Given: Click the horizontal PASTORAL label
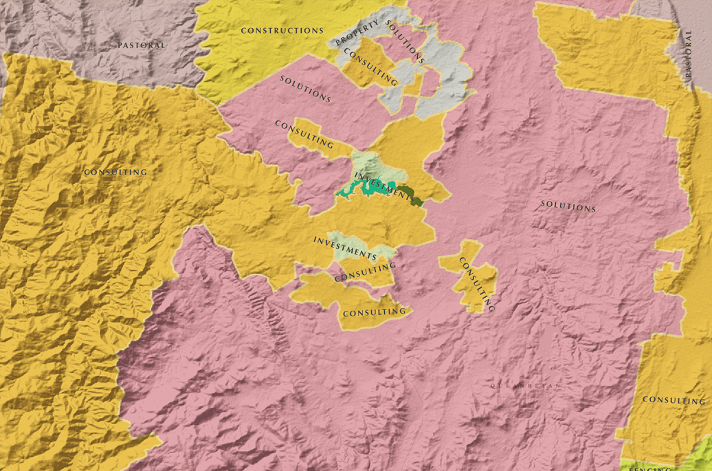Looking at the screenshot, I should [141, 45].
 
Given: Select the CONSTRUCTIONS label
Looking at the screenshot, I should [282, 31].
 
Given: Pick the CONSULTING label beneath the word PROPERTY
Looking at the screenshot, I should [370, 67].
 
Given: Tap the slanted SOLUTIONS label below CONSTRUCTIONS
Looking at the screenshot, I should [305, 89].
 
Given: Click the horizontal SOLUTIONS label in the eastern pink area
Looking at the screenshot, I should [568, 206].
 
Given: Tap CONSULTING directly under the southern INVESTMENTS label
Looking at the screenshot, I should [365, 273].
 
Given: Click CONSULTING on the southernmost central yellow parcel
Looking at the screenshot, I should [374, 312].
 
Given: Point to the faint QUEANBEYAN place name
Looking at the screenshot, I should [526, 386].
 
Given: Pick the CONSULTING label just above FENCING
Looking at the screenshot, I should [673, 399].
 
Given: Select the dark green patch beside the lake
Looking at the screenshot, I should [411, 195].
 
